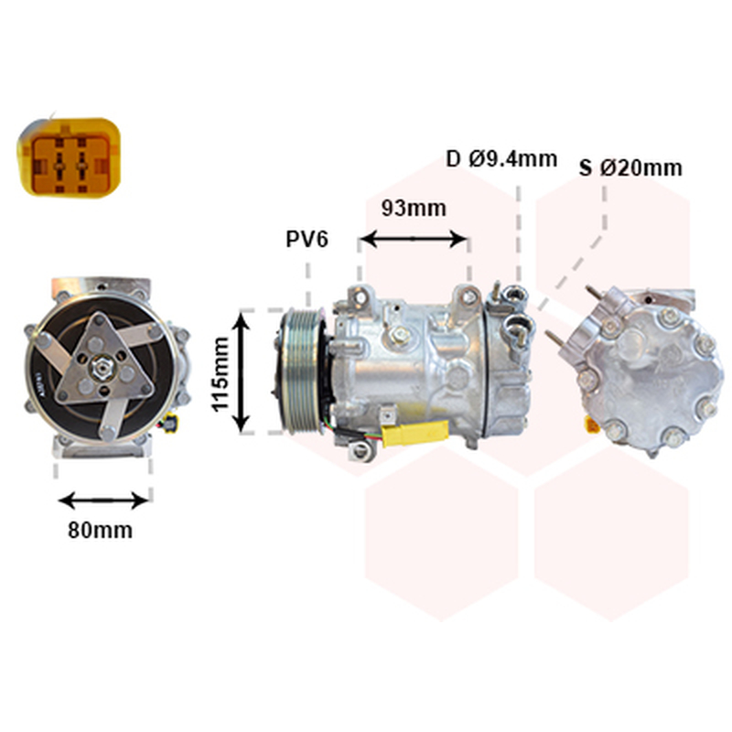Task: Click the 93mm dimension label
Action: pyautogui.click(x=414, y=209)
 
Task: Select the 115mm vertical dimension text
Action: pyautogui.click(x=221, y=374)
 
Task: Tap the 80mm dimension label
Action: pyautogui.click(x=101, y=530)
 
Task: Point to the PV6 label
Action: pyautogui.click(x=307, y=239)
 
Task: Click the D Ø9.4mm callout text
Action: pyautogui.click(x=501, y=159)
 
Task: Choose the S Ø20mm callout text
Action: pyautogui.click(x=630, y=167)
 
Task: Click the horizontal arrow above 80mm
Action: pyautogui.click(x=103, y=500)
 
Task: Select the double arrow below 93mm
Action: pyautogui.click(x=414, y=239)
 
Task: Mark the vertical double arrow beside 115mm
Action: pyautogui.click(x=241, y=372)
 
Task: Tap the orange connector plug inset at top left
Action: pyautogui.click(x=70, y=156)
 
